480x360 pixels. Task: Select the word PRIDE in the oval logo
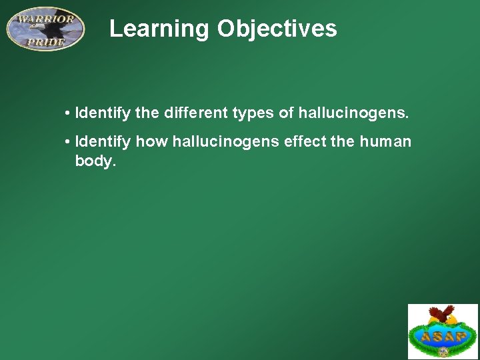(45, 42)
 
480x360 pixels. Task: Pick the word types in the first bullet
(253, 113)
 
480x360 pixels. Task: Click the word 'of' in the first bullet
(286, 113)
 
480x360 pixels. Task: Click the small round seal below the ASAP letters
(443, 351)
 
